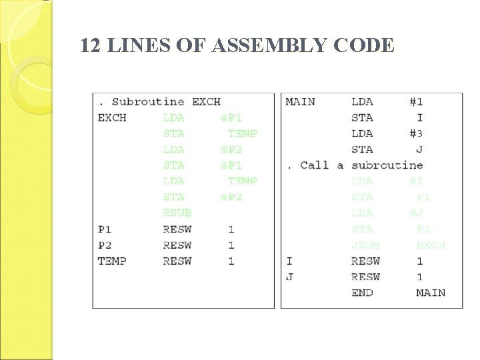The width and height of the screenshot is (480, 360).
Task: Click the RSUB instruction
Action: [177, 213]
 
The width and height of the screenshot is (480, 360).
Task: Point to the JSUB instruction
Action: [365, 245]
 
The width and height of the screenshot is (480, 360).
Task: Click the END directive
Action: [362, 293]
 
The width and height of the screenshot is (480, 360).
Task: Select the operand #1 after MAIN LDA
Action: [416, 102]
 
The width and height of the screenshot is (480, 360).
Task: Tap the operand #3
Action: [416, 133]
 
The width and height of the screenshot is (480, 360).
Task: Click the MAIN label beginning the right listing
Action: [300, 102]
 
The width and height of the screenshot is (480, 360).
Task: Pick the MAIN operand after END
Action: [431, 293]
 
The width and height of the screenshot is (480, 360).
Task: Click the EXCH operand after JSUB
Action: [431, 245]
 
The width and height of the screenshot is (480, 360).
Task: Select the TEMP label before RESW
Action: [112, 261]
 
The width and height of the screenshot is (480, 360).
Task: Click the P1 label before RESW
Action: [105, 229]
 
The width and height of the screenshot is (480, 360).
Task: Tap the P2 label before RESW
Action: [105, 245]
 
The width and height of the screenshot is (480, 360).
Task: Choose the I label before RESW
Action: [289, 261]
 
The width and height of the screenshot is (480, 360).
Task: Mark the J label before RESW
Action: [289, 277]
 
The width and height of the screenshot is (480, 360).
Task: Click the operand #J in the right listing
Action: [416, 213]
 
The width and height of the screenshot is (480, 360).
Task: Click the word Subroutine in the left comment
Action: [148, 102]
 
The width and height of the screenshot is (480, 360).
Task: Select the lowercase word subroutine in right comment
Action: [387, 165]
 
